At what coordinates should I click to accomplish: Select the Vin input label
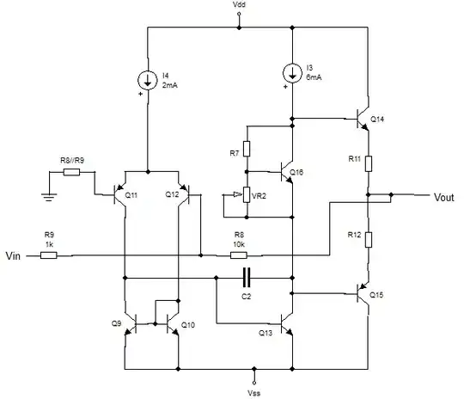15,255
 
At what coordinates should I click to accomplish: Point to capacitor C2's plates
246,277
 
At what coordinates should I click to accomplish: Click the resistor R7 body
247,149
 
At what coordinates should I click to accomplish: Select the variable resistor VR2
247,195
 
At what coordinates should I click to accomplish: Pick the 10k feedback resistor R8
238,255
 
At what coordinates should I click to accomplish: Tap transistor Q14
363,119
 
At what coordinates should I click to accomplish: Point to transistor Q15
363,292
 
